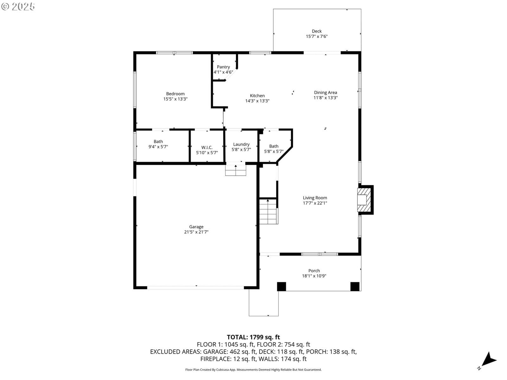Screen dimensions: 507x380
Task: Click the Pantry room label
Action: pyautogui.click(x=223, y=67)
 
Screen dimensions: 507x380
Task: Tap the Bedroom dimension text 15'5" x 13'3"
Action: pyautogui.click(x=175, y=99)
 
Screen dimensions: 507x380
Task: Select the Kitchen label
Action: pyautogui.click(x=257, y=96)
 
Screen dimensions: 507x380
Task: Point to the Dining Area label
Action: pyautogui.click(x=325, y=92)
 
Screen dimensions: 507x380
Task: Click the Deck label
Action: pyautogui.click(x=317, y=31)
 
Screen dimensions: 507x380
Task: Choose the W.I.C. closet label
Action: pyautogui.click(x=207, y=148)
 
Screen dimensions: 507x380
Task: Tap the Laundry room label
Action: pyautogui.click(x=241, y=144)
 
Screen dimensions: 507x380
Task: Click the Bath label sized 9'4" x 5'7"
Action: pyautogui.click(x=158, y=142)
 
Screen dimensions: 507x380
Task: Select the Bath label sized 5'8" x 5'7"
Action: pyautogui.click(x=274, y=146)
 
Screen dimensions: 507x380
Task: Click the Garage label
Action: pyautogui.click(x=196, y=227)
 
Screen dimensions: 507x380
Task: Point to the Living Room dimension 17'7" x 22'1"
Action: pyautogui.click(x=315, y=203)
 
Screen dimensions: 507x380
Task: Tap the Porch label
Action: pyautogui.click(x=314, y=271)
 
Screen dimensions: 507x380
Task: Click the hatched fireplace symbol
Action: pyautogui.click(x=364, y=200)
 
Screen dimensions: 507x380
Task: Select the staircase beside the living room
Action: pyautogui.click(x=268, y=212)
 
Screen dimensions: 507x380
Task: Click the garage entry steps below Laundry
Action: pyautogui.click(x=236, y=170)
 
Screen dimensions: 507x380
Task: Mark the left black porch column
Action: pyautogui.click(x=281, y=287)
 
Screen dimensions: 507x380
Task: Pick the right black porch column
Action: pyautogui.click(x=355, y=287)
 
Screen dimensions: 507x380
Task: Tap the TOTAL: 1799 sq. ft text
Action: pyautogui.click(x=253, y=337)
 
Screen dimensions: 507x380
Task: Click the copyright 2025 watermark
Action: pyautogui.click(x=18, y=6)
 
